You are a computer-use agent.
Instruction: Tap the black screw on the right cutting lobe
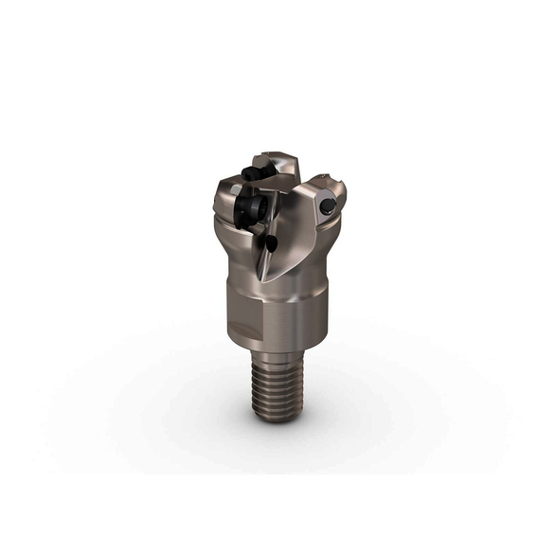tap(326, 206)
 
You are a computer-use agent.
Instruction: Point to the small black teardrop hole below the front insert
tap(270, 243)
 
